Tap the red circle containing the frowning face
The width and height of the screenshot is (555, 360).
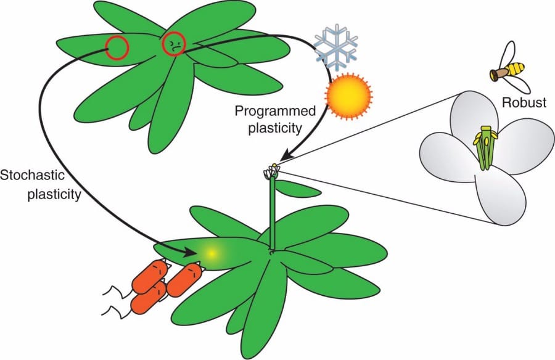tap(173, 44)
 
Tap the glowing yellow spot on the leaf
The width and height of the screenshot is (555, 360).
tap(212, 253)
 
